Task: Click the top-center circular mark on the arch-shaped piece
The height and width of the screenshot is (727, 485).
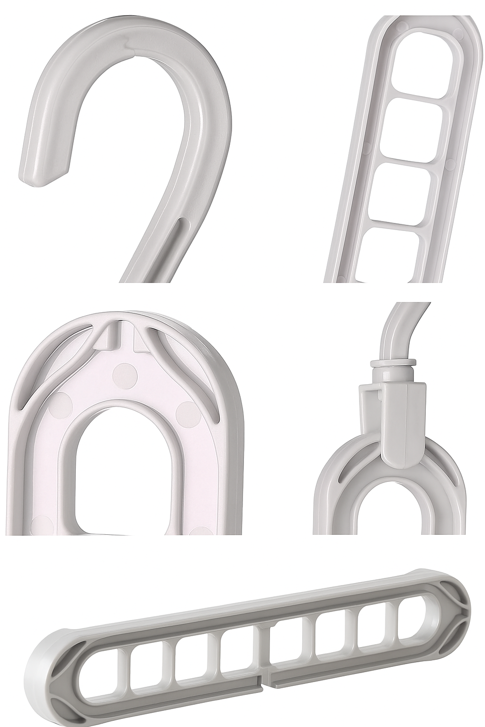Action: (126, 374)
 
